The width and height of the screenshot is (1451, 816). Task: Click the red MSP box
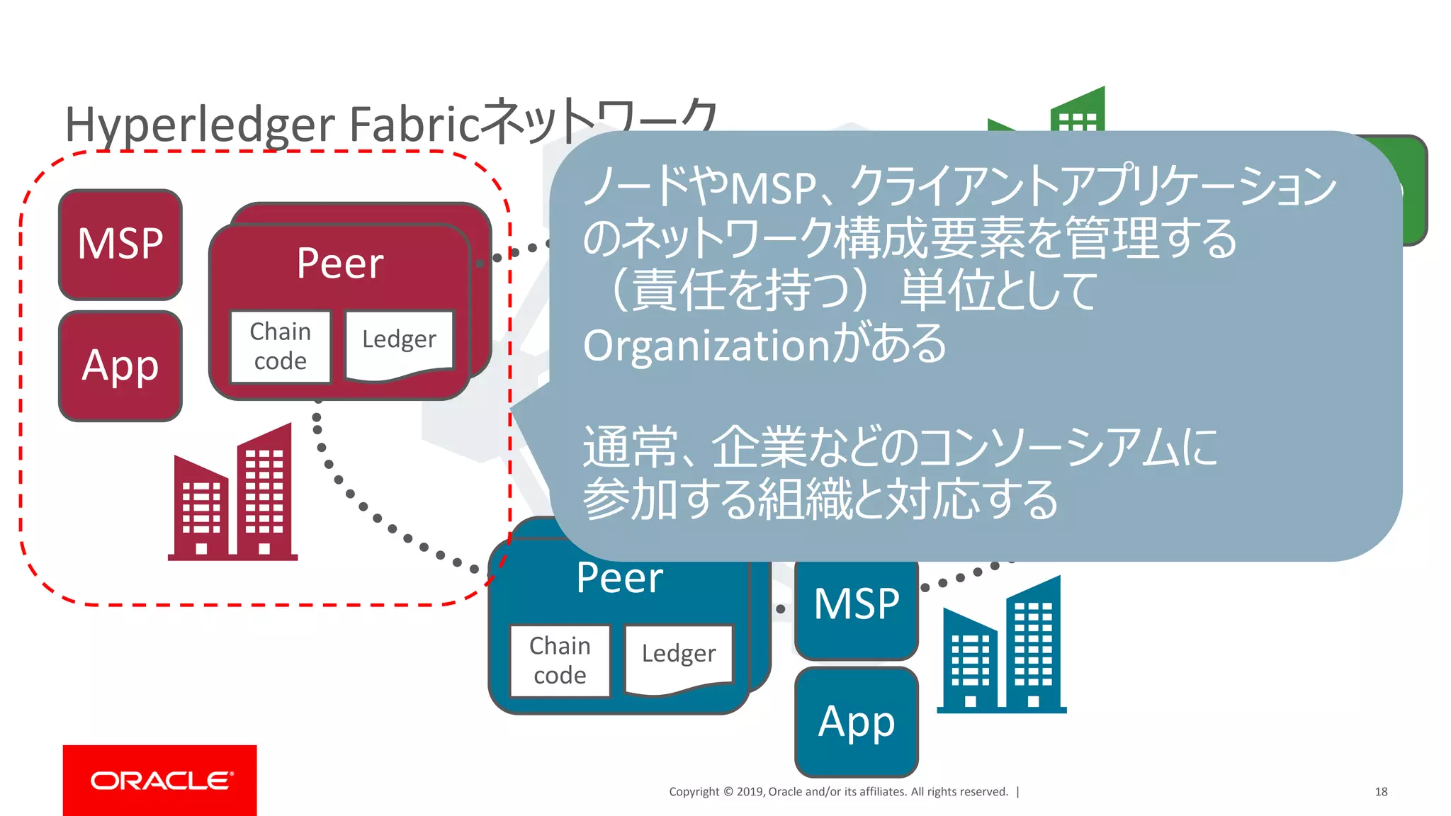click(x=120, y=244)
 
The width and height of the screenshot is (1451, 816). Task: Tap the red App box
click(x=120, y=366)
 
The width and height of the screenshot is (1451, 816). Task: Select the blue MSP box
click(x=856, y=606)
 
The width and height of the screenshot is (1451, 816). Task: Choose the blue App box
click(x=856, y=722)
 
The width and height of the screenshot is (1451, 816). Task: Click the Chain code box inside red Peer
click(x=281, y=346)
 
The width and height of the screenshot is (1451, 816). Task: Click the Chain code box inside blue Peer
click(x=560, y=660)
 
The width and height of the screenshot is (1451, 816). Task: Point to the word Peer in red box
click(x=340, y=263)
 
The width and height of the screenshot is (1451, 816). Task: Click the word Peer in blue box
click(x=619, y=578)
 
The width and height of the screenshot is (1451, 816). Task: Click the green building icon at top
click(x=1077, y=110)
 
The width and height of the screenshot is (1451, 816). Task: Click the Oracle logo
click(x=160, y=780)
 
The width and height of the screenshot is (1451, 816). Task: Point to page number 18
click(x=1381, y=792)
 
